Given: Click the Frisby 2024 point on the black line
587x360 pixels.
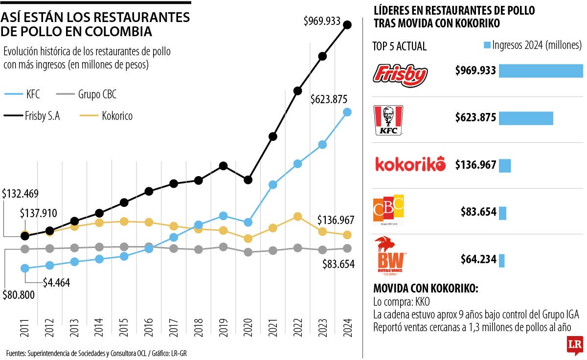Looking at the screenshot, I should (348, 25).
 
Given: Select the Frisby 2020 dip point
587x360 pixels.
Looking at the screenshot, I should (248, 180).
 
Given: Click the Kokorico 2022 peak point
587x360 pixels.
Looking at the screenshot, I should (297, 216).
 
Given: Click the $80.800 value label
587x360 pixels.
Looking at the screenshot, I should (19, 296).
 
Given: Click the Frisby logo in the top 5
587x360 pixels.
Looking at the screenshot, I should (400, 75).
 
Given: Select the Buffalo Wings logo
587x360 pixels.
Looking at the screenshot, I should (389, 256).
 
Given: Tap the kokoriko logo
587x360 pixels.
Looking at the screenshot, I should (410, 164).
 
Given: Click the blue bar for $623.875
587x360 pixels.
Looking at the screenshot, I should (525, 118).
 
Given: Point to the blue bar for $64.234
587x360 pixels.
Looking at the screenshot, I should (501, 260).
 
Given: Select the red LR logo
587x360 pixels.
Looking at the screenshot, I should (574, 345).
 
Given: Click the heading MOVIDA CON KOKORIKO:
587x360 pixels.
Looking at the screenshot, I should (426, 289).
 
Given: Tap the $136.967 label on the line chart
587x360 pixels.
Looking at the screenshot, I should (335, 220).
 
